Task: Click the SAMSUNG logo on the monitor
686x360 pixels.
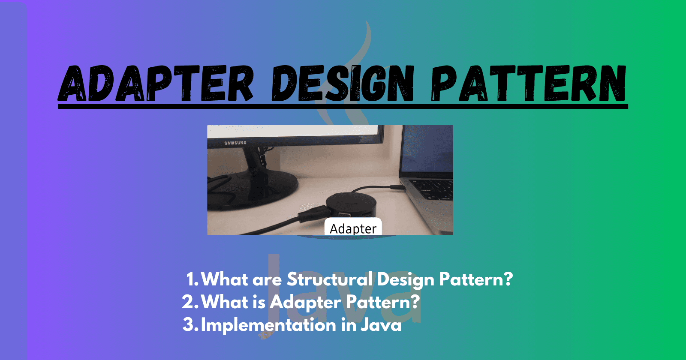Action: (x=235, y=143)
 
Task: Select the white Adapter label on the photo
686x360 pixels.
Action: (x=353, y=228)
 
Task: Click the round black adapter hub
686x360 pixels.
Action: (x=351, y=206)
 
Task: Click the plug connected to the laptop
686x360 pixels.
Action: (x=395, y=187)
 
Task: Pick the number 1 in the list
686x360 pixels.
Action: (x=191, y=280)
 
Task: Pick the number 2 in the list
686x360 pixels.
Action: (x=189, y=302)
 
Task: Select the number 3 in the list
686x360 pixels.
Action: (x=190, y=325)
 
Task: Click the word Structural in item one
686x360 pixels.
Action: (x=329, y=279)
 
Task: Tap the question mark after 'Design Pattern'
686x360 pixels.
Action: (x=508, y=279)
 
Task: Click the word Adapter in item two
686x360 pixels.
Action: (x=305, y=303)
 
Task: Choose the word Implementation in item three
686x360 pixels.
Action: (x=268, y=325)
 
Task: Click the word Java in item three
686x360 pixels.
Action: (x=381, y=325)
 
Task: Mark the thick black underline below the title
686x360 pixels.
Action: (x=343, y=106)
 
